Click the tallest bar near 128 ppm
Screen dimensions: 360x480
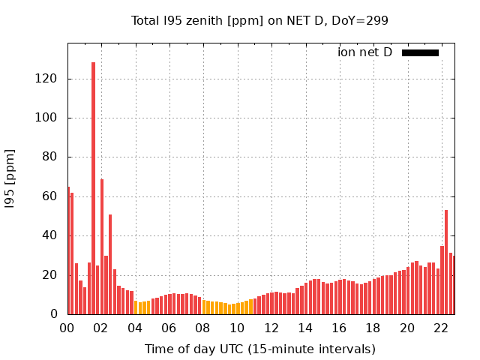pyautogui.click(x=93, y=187)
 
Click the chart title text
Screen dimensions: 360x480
pyautogui.click(x=259, y=20)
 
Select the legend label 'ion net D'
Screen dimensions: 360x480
pyautogui.click(x=364, y=52)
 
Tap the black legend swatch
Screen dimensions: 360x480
pyautogui.click(x=420, y=52)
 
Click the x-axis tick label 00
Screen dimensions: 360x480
pyautogui.click(x=67, y=328)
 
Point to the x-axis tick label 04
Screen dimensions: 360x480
pyautogui.click(x=135, y=328)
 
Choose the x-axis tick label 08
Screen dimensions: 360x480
pyautogui.click(x=203, y=328)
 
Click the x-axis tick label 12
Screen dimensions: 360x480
pyautogui.click(x=271, y=328)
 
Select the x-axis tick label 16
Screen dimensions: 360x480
pyautogui.click(x=339, y=328)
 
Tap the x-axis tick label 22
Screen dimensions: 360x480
pyautogui.click(x=441, y=328)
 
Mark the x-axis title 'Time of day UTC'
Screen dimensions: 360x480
pyautogui.click(x=259, y=349)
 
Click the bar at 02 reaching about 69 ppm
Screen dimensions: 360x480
pyautogui.click(x=102, y=247)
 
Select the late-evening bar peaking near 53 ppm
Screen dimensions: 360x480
pyautogui.click(x=446, y=262)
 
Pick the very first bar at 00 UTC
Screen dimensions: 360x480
pyautogui.click(x=69, y=251)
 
